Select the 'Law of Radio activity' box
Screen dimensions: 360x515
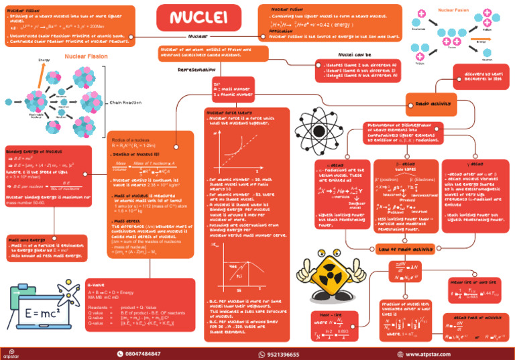tap(402, 249)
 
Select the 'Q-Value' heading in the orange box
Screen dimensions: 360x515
tap(98, 285)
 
